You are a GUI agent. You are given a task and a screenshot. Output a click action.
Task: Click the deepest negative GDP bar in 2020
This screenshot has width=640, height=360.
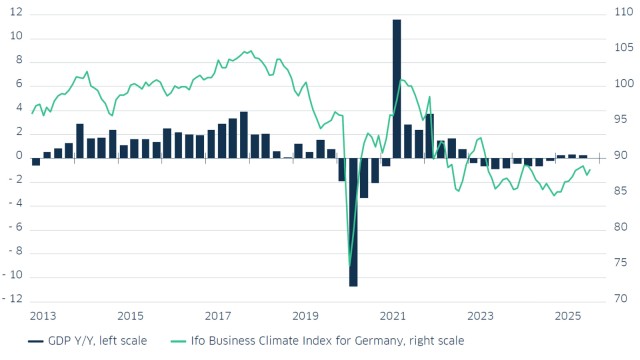[x=353, y=221]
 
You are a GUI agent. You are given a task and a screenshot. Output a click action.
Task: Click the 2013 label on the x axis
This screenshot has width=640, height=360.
[x=42, y=316]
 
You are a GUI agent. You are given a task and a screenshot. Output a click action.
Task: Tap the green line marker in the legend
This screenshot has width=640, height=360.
[x=180, y=341]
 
